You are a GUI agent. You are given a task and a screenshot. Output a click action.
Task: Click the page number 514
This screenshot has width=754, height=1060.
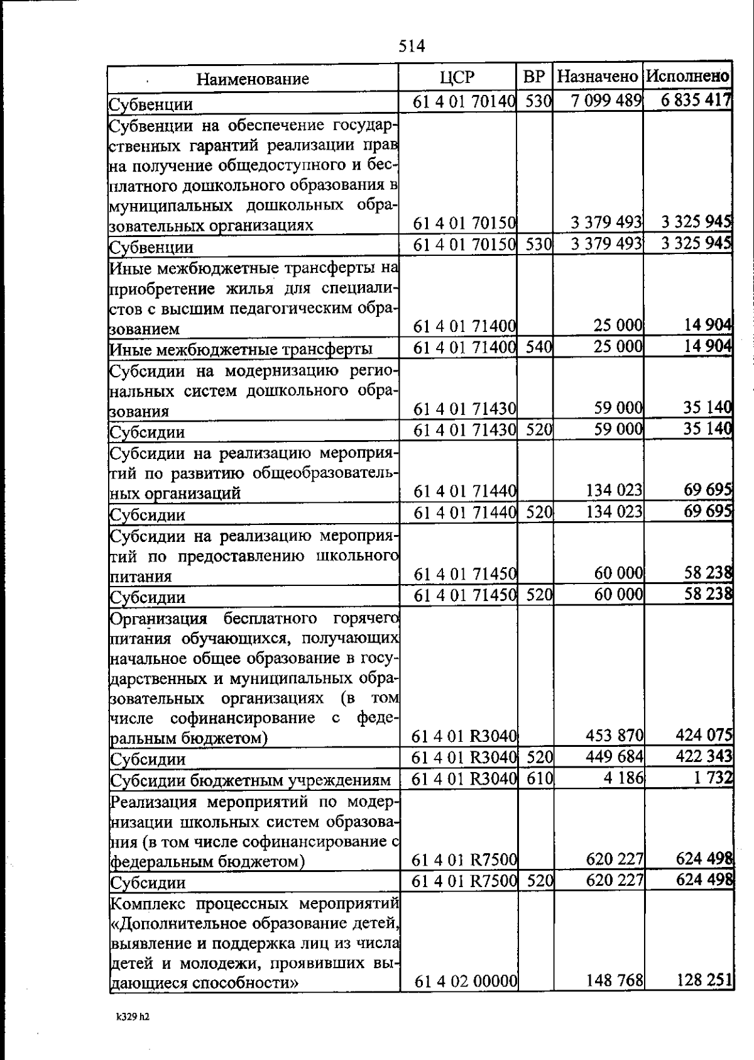tap(412, 46)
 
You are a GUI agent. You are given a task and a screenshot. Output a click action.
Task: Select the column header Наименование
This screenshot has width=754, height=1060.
tap(253, 79)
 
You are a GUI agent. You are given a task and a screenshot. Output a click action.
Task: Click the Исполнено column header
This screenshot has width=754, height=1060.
tap(688, 77)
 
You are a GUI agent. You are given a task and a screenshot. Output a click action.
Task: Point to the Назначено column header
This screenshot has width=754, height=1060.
tap(598, 77)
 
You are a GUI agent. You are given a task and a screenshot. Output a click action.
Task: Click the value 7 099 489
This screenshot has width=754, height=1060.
tap(606, 101)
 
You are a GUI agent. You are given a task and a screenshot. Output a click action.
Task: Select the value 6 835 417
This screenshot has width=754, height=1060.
tap(696, 100)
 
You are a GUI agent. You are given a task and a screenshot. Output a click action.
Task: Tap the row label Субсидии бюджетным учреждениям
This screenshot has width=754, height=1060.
tap(251, 780)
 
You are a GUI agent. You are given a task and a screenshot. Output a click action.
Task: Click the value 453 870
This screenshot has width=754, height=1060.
tap(615, 736)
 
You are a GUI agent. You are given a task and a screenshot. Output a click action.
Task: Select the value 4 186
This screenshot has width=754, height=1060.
tap(623, 778)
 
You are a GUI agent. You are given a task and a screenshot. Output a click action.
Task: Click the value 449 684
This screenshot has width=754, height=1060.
tap(615, 757)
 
